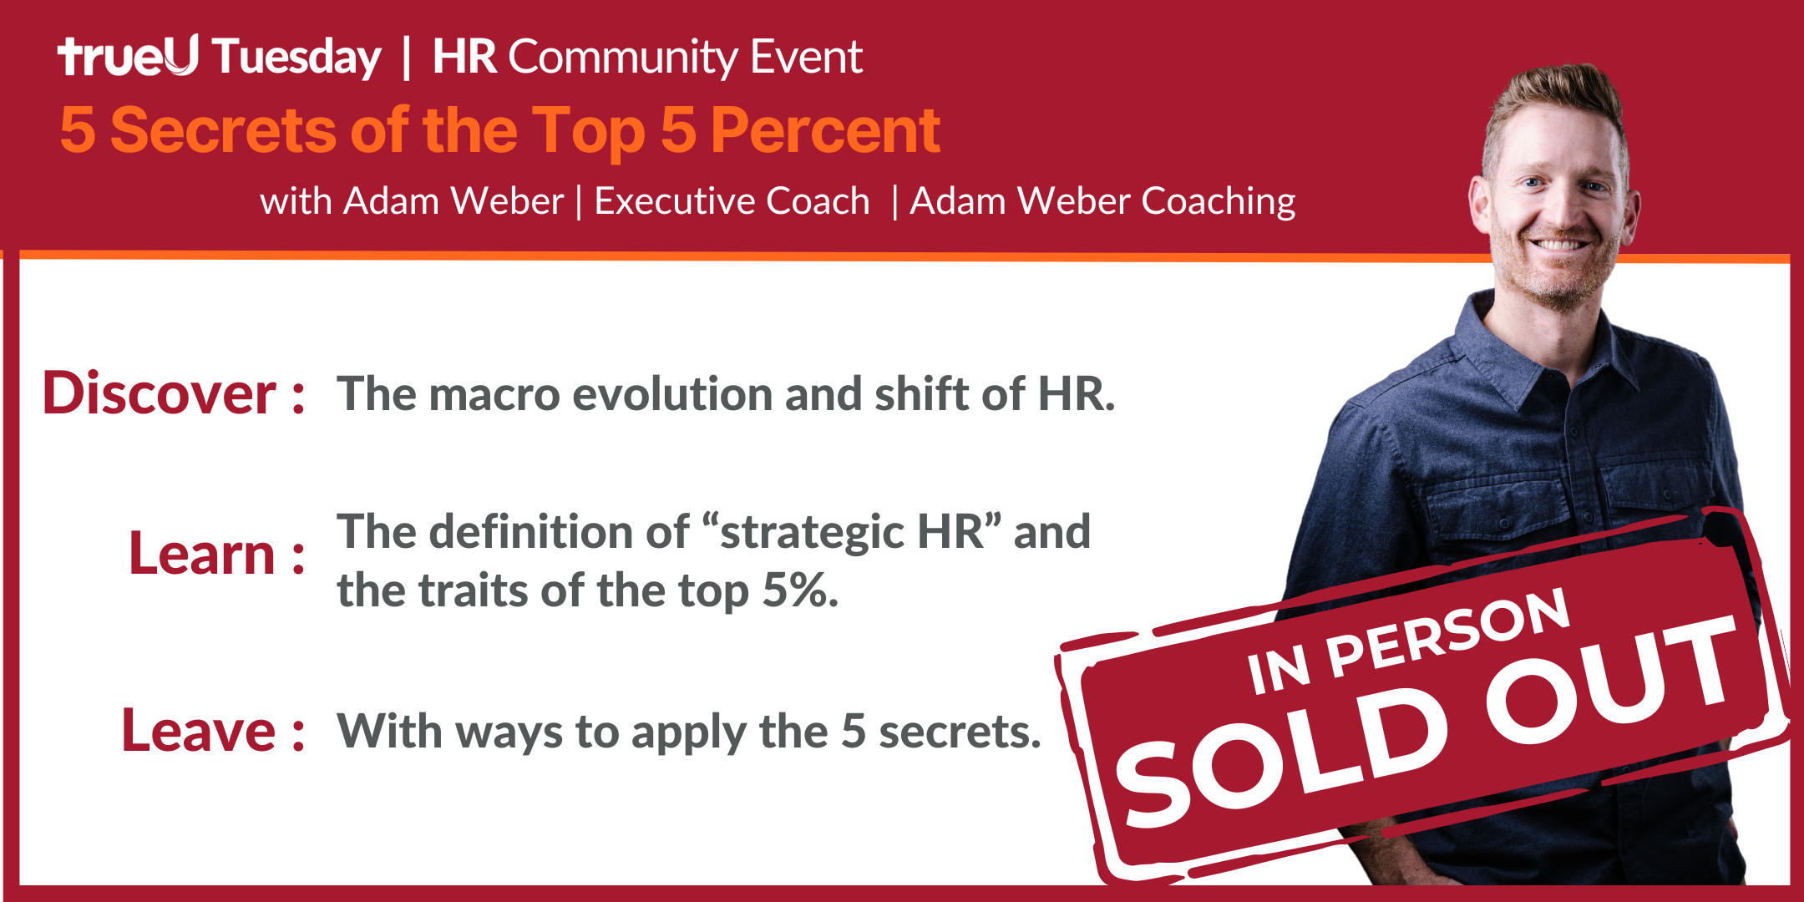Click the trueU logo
click(128, 56)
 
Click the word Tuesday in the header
click(297, 58)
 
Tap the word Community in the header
click(622, 58)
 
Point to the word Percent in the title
click(825, 130)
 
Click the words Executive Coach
click(732, 201)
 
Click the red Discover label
click(159, 393)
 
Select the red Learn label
click(202, 554)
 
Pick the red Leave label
click(198, 731)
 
